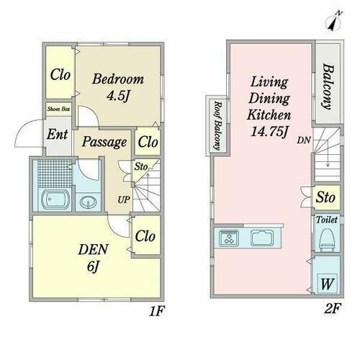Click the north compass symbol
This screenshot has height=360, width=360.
point(333,21)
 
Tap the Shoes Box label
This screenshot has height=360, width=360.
point(58,109)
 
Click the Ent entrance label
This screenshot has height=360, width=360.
point(57,134)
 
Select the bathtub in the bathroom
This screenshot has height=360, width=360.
point(55,199)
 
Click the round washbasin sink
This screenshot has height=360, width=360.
point(88,202)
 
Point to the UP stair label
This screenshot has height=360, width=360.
point(124,199)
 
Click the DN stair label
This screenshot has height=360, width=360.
point(304,140)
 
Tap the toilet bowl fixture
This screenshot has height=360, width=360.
point(326,240)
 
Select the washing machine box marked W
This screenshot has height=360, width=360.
point(327,284)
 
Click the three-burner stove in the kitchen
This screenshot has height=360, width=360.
point(229,238)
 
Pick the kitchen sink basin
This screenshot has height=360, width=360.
point(262,238)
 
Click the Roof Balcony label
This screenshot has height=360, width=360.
point(218,125)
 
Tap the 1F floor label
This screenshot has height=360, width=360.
point(156,311)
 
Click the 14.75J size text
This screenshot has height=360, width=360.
point(269,131)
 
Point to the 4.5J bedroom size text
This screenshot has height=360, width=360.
point(118,96)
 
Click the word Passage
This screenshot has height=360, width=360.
point(104,142)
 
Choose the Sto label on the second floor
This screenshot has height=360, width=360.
point(325,197)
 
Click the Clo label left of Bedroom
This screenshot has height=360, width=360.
point(60,75)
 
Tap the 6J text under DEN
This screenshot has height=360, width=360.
point(93,266)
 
